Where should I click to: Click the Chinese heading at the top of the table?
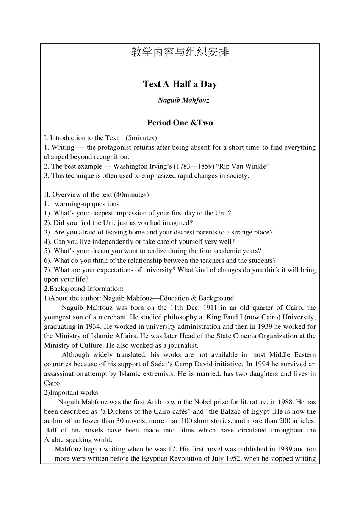tap(180, 52)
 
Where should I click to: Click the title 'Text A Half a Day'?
tap(180, 84)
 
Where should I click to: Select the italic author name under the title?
tap(183, 100)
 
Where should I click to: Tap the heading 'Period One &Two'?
tap(180, 123)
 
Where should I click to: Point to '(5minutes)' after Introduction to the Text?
tap(141, 138)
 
